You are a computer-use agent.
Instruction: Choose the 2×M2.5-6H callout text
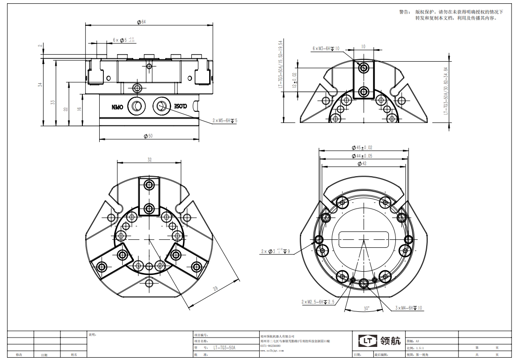[x=318, y=302]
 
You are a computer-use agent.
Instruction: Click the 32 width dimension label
[x=149, y=159]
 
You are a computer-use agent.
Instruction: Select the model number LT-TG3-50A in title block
[x=224, y=348]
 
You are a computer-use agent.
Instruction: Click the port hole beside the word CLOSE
[x=161, y=105]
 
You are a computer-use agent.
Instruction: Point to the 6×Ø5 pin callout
[x=124, y=40]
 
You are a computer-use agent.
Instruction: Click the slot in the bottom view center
[x=364, y=239]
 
